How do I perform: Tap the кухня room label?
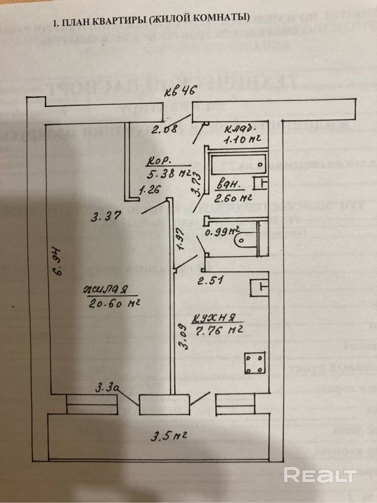click(214, 318)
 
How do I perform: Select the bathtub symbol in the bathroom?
click(238, 165)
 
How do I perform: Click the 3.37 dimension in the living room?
click(106, 216)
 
